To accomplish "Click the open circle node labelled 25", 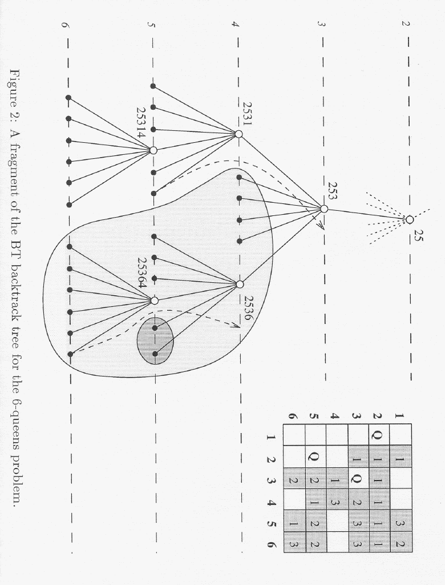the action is pyautogui.click(x=409, y=220).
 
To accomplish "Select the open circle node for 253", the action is pyautogui.click(x=324, y=209).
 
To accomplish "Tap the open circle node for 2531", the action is pyautogui.click(x=238, y=134).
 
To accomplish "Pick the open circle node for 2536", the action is pyautogui.click(x=240, y=285).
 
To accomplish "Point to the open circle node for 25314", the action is pyautogui.click(x=153, y=150).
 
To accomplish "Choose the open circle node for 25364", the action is pyautogui.click(x=155, y=300).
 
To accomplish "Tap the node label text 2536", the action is pyautogui.click(x=248, y=308).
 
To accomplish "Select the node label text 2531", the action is pyautogui.click(x=247, y=114).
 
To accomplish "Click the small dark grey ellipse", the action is pyautogui.click(x=155, y=340).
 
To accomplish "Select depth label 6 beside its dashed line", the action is pyautogui.click(x=65, y=25).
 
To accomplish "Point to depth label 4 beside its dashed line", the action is pyautogui.click(x=235, y=24).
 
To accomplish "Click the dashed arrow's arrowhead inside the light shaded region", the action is pyautogui.click(x=236, y=325).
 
